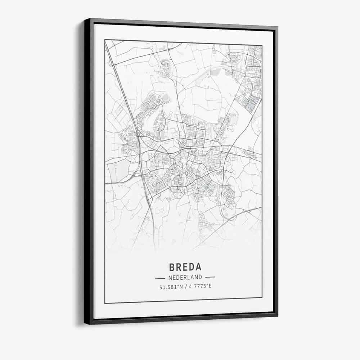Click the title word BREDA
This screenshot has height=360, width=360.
click(185, 267)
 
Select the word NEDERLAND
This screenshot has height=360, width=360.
click(185, 278)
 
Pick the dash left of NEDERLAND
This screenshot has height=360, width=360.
click(160, 278)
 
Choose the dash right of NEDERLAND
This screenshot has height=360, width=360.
click(210, 278)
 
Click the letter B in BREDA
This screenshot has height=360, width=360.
click(172, 267)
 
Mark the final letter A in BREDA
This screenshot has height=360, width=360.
click(198, 267)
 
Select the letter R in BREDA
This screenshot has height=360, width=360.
click(179, 267)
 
